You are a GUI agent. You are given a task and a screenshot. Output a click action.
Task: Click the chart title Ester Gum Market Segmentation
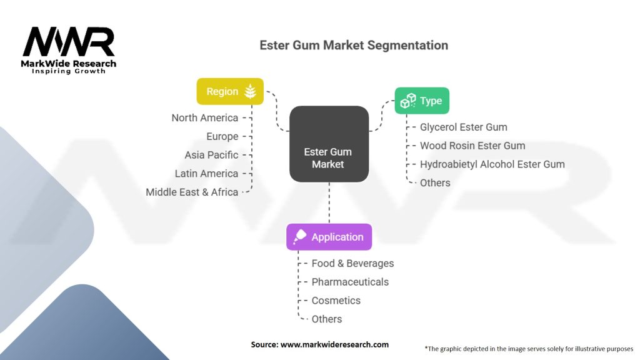click(354, 45)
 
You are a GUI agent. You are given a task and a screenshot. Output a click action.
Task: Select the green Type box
click(422, 101)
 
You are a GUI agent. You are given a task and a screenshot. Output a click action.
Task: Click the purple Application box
click(329, 237)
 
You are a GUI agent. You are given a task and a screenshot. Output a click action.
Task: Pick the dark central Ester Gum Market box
click(328, 144)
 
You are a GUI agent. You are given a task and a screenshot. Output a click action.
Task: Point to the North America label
click(205, 117)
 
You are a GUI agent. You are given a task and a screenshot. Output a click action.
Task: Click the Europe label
click(222, 136)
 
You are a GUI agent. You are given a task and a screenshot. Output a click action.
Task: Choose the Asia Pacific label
click(211, 155)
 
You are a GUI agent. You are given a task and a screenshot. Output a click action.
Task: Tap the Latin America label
click(206, 173)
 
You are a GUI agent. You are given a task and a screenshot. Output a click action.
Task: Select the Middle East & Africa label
click(192, 192)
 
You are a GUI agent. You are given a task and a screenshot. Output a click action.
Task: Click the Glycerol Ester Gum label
click(464, 127)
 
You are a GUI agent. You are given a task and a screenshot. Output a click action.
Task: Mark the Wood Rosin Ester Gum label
click(472, 146)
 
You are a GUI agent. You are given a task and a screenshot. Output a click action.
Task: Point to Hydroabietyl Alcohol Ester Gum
click(492, 164)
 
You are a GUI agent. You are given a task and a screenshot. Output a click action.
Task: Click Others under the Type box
click(435, 182)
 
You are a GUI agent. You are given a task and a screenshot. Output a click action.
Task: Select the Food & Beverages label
click(352, 263)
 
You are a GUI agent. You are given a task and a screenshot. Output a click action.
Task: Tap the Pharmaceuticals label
click(350, 282)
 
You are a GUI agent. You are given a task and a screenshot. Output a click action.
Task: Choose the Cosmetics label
click(336, 301)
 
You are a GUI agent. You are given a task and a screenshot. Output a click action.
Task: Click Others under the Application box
click(327, 319)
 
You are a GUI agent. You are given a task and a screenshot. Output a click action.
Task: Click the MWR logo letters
click(69, 42)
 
